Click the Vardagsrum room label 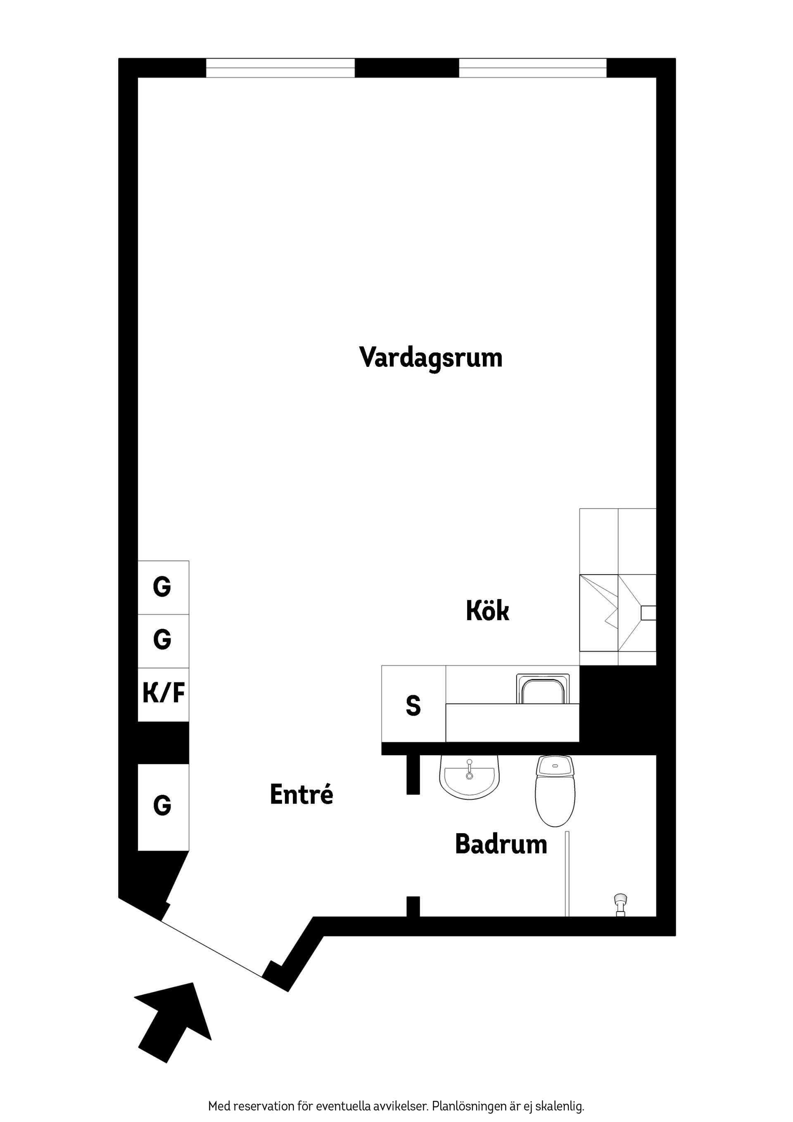(x=430, y=358)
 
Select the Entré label (x=302, y=794)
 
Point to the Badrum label (x=501, y=844)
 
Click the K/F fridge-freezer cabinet (x=163, y=694)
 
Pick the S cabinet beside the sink (x=413, y=706)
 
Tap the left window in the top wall (x=280, y=68)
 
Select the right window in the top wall (x=532, y=68)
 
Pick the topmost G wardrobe (x=163, y=587)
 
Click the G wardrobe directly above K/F (x=163, y=640)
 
